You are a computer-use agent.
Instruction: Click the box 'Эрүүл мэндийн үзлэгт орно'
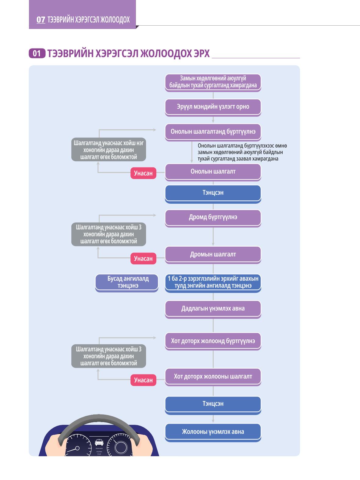213,107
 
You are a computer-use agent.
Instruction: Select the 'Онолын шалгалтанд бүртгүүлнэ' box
213,132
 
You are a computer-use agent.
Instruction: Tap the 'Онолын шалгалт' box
213,172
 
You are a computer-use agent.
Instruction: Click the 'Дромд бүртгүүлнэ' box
213,218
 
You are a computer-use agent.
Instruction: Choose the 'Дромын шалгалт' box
213,255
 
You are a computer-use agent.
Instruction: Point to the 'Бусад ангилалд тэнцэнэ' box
127,283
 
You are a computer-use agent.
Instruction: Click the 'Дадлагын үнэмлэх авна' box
213,310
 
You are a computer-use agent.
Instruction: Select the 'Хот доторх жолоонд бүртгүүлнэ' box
213,341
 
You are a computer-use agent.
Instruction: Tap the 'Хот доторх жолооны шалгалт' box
213,377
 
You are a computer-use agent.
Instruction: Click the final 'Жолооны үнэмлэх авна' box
213,432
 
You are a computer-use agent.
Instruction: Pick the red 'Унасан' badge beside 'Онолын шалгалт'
143,173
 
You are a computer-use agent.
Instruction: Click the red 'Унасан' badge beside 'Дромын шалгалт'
143,259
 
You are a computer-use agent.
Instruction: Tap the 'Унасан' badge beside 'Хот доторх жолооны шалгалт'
143,380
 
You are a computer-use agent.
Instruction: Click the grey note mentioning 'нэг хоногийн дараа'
109,149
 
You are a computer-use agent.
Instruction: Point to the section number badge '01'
37,53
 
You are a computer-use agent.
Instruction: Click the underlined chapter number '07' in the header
41,20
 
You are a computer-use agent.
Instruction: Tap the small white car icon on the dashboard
99,442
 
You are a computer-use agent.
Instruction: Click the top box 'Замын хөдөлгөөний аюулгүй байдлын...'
213,83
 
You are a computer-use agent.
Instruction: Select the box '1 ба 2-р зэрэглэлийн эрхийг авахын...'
213,283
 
